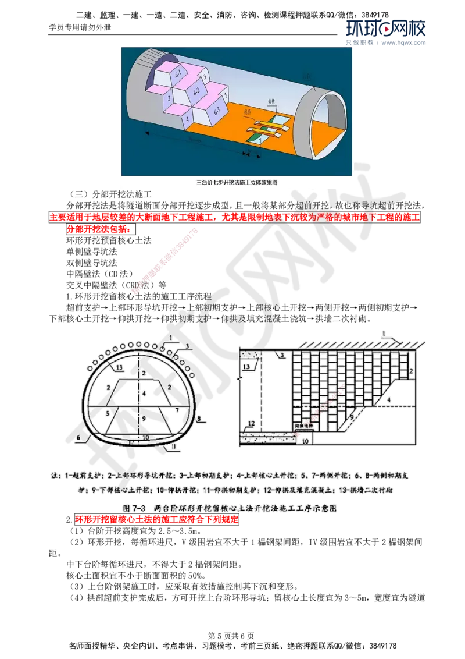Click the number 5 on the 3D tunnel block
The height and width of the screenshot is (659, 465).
point(225,93)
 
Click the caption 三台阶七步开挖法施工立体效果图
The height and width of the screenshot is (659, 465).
point(237,182)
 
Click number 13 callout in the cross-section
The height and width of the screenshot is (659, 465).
point(120,367)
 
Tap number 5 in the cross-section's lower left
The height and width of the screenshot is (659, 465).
point(108,412)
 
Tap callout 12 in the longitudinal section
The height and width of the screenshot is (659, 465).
point(251,422)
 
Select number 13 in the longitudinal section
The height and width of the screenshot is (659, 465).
point(246,367)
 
